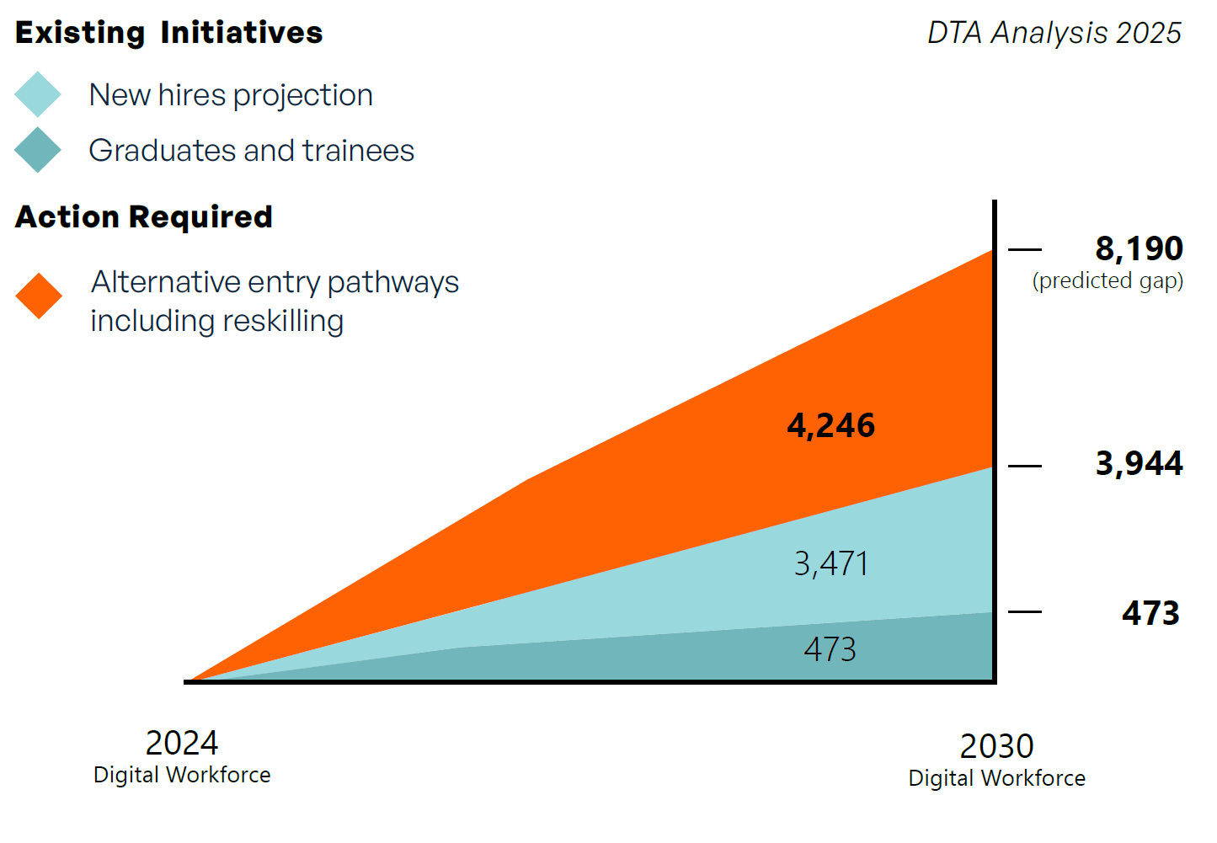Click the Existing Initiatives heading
(x=168, y=33)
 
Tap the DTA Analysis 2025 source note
(x=1054, y=33)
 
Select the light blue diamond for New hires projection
(x=38, y=94)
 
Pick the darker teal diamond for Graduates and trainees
(x=38, y=150)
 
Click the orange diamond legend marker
(x=39, y=296)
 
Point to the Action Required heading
(x=144, y=217)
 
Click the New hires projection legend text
(x=231, y=95)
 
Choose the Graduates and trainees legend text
(x=251, y=151)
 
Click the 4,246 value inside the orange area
(x=830, y=425)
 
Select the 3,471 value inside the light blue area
(x=830, y=563)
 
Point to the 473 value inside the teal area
(x=830, y=649)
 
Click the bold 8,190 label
(x=1139, y=248)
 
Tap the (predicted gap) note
(x=1108, y=280)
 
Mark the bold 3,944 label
(x=1139, y=463)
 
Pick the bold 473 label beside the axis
(x=1150, y=613)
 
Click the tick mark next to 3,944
(x=1025, y=466)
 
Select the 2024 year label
(x=182, y=743)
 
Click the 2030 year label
(x=996, y=746)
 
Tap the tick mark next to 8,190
(x=1025, y=249)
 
